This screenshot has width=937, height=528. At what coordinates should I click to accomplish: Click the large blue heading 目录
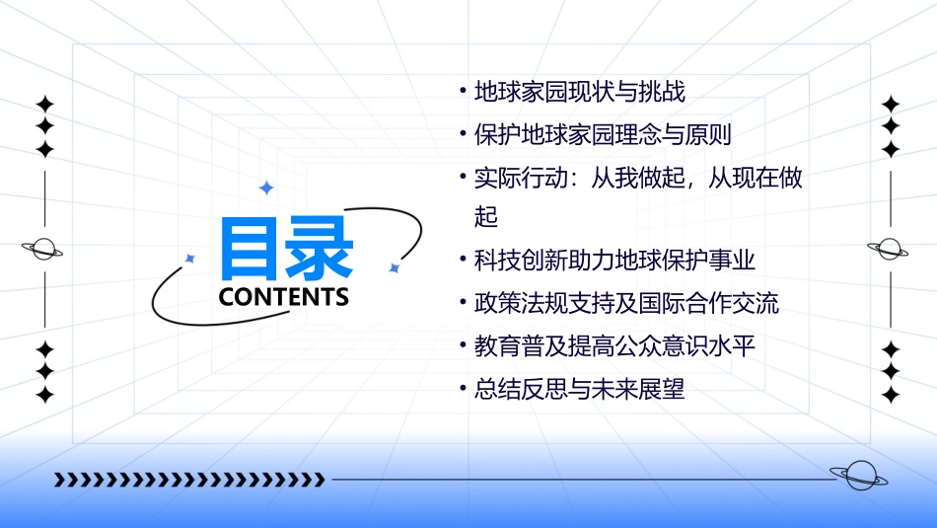[286, 248]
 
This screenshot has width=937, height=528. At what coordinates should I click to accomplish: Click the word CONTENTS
[284, 297]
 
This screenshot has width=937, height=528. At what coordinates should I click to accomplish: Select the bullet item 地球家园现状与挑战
[580, 93]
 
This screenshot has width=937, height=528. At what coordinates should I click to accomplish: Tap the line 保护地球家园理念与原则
[603, 135]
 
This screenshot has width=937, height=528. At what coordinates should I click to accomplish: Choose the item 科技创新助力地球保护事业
[614, 261]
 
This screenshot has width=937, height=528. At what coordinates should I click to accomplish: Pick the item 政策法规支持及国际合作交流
[626, 303]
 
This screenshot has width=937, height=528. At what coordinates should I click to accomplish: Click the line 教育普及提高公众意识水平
[614, 346]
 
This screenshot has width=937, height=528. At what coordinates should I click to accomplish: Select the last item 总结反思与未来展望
[580, 390]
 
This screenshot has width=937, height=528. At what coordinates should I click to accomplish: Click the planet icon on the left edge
[43, 249]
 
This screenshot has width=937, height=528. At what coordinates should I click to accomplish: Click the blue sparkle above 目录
[265, 188]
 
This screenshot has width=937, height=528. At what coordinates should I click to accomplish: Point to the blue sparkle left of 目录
[190, 258]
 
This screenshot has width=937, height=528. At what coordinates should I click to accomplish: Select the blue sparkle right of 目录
[394, 267]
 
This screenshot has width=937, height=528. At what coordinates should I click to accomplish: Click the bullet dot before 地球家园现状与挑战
[463, 92]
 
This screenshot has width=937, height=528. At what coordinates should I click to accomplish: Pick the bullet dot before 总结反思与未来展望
[463, 389]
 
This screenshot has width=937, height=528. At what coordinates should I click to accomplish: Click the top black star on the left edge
[44, 104]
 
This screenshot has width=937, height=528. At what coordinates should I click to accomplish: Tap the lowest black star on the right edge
[891, 395]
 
